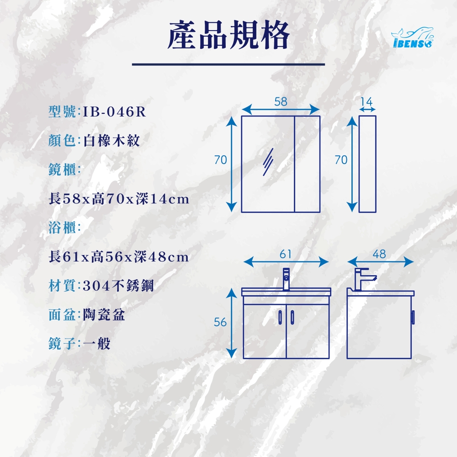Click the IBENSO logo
pos(412,37)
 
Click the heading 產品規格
pos(228,35)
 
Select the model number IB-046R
pos(115,112)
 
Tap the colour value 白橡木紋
pos(112,140)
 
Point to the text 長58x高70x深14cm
pos(119,199)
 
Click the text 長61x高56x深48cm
pos(119,257)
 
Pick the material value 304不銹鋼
pos(118,286)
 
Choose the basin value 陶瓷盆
pos(104,314)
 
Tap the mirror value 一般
pos(97,344)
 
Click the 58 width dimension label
pos(281,102)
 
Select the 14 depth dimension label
pos(367,102)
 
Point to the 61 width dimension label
pos(286,255)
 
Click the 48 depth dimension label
pos(379,255)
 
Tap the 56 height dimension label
pos(220,322)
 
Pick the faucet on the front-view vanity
pos(286,279)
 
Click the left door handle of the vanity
pos(281,317)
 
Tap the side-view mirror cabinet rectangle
pos(367,164)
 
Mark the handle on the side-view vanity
pos(413,318)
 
